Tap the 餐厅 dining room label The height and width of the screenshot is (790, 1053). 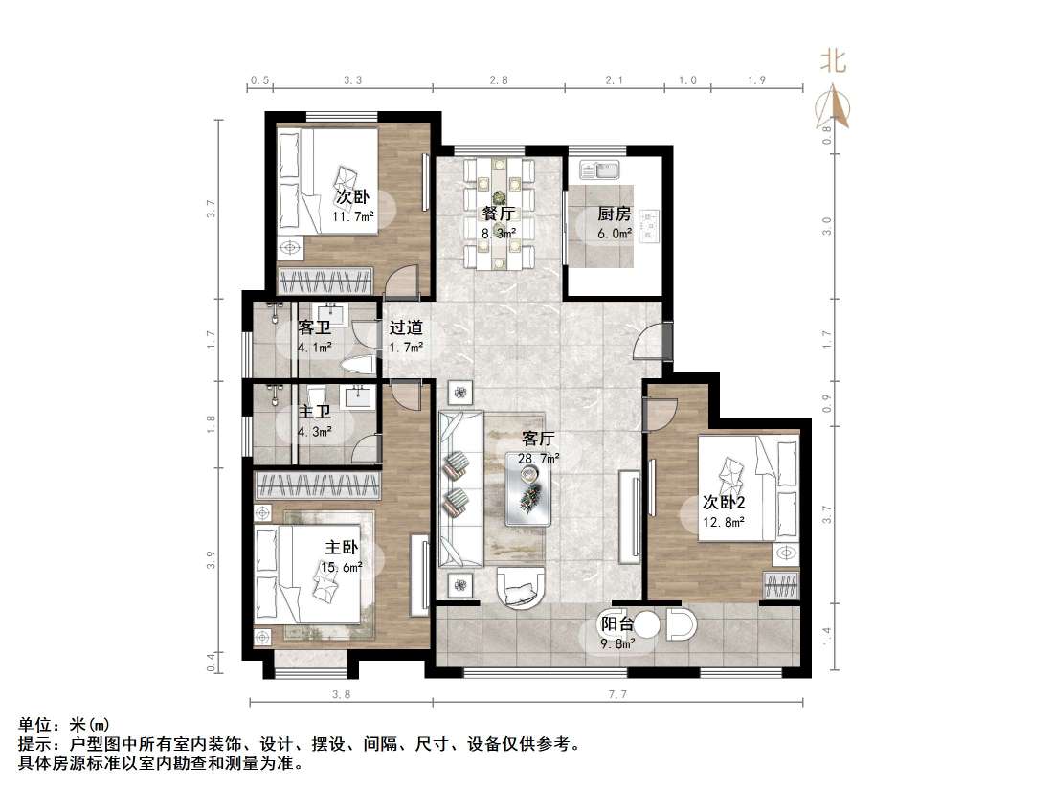498,213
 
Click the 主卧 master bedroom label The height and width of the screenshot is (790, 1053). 341,548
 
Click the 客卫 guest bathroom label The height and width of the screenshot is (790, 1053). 314,327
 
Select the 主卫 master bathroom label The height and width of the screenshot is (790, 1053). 314,412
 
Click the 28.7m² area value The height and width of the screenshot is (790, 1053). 540,459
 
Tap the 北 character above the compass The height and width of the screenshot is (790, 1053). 832,62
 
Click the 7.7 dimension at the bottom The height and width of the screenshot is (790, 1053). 616,695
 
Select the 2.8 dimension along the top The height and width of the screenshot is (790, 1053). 498,80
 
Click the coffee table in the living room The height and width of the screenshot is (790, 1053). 528,488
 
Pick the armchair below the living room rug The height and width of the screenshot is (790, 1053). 521,586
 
